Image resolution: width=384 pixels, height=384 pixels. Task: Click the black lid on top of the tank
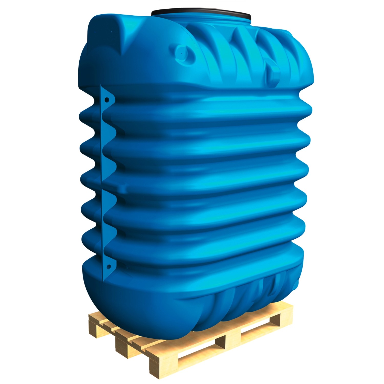tap(201, 13)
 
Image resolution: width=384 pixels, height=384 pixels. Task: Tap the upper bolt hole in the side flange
tap(107, 99)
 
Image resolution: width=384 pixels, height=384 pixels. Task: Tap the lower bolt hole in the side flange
tap(108, 266)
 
